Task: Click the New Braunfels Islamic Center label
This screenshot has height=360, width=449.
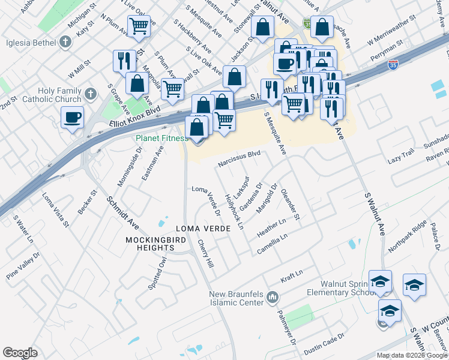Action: [x=237, y=298]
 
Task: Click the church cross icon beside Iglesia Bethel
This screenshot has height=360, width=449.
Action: [x=66, y=42]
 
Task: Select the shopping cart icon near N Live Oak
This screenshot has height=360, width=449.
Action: [x=139, y=26]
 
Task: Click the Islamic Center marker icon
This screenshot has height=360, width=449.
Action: [x=273, y=296]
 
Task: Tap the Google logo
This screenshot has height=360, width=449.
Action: [x=20, y=353]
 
